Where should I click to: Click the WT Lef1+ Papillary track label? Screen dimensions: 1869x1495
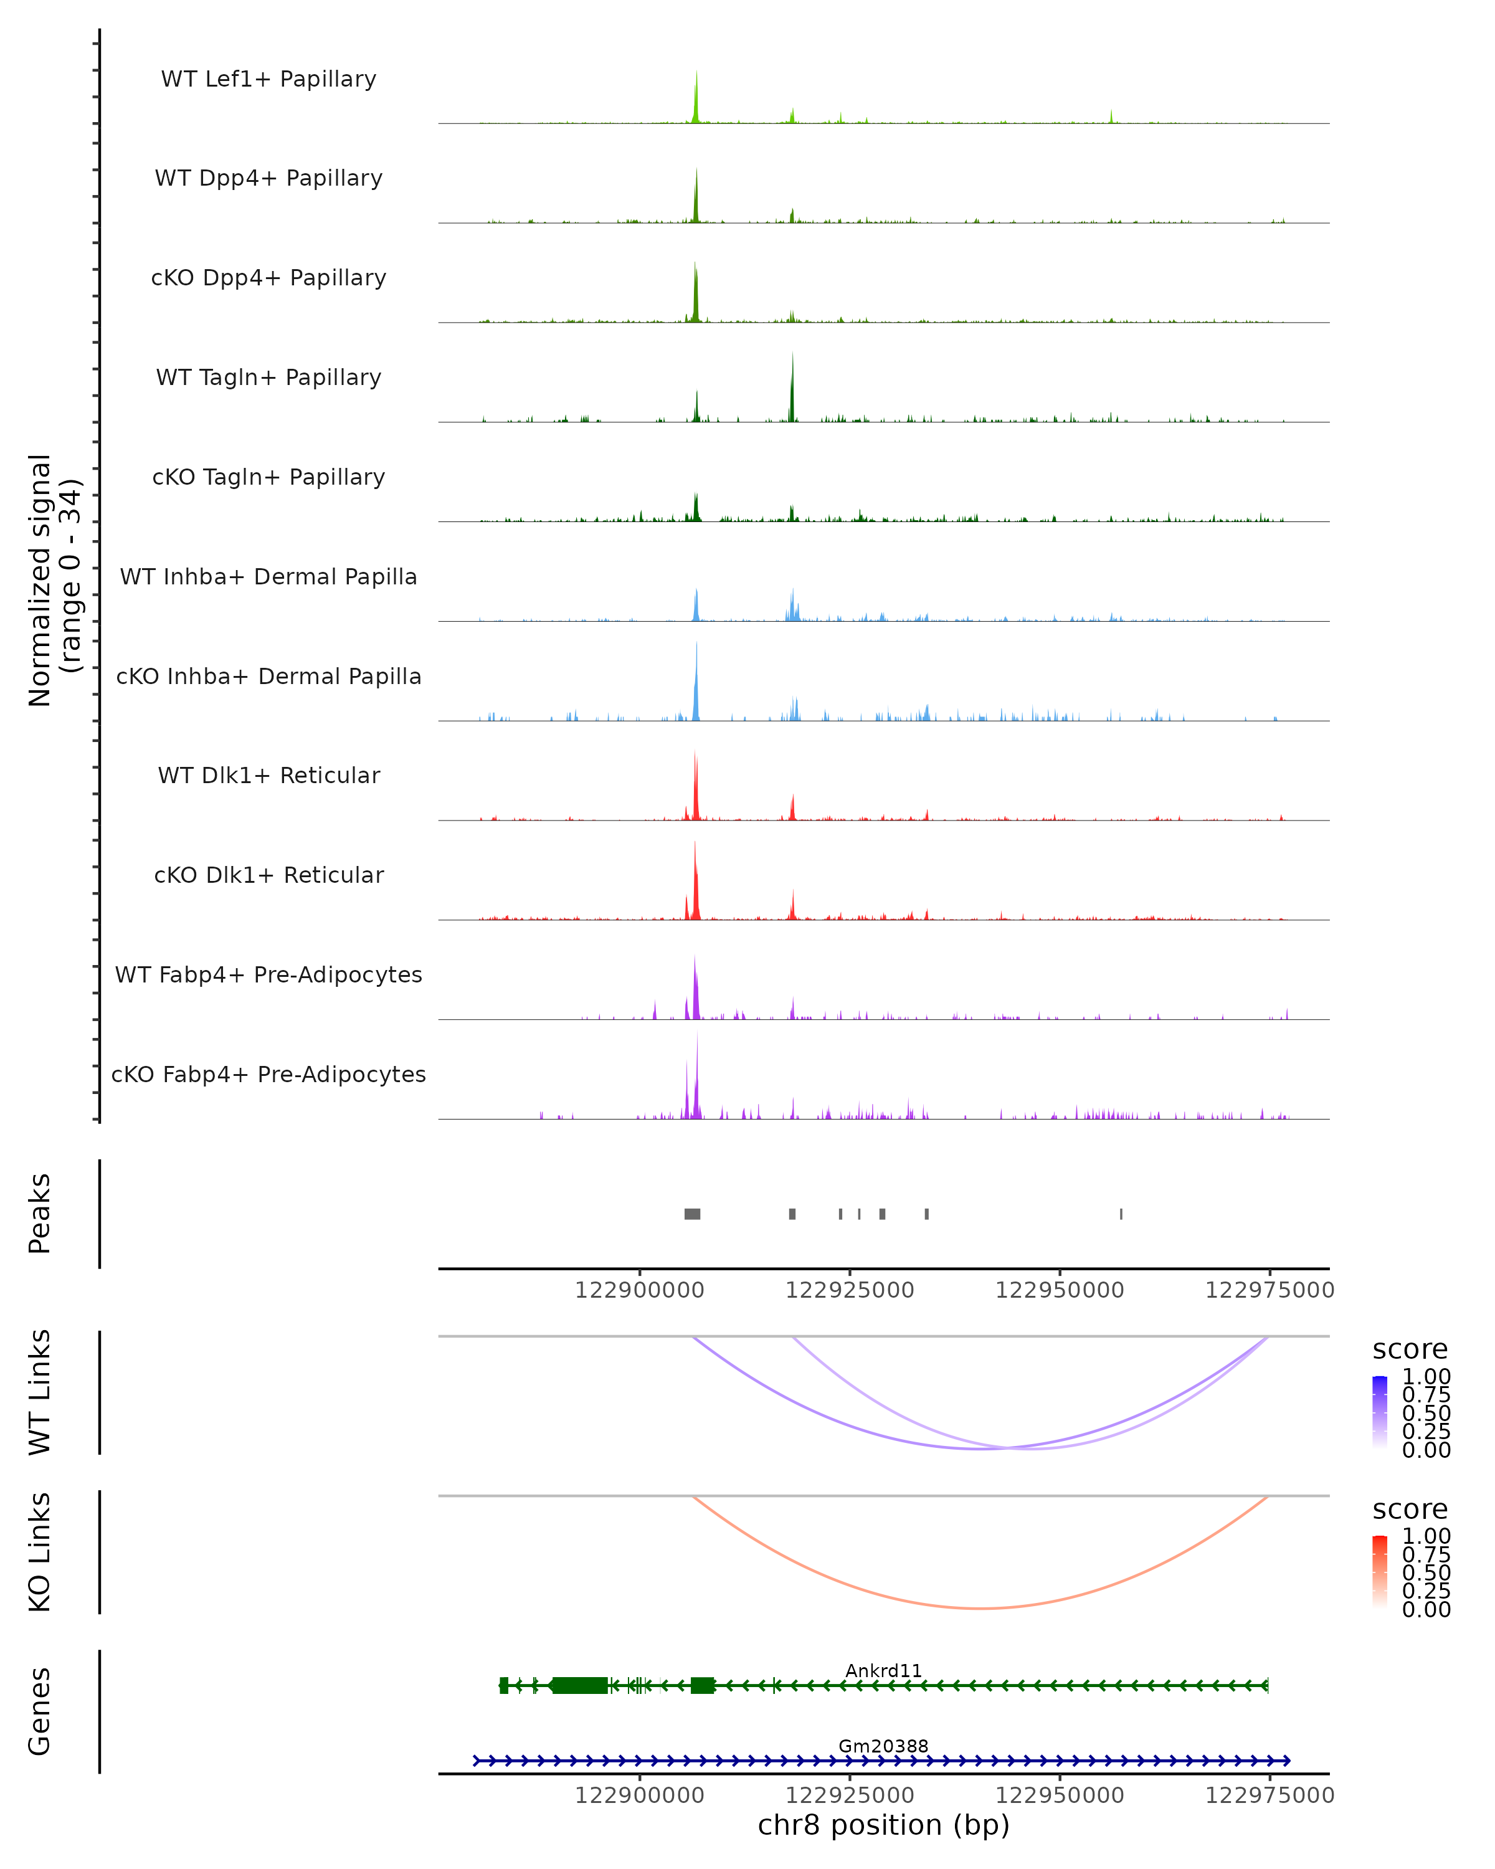click(x=268, y=79)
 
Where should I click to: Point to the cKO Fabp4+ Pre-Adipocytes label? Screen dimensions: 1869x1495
click(x=268, y=1074)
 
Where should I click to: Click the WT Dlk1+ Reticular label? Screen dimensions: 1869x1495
click(x=268, y=775)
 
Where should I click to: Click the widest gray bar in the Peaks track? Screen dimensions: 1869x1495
click(x=693, y=1214)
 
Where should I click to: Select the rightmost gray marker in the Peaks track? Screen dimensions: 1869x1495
click(x=1121, y=1214)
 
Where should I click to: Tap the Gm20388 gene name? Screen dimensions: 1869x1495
click(x=883, y=1746)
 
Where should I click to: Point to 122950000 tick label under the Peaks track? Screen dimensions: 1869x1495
click(x=1059, y=1290)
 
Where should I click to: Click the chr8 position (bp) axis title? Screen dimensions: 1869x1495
click(x=883, y=1825)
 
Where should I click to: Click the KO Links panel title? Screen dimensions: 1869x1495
click(x=40, y=1552)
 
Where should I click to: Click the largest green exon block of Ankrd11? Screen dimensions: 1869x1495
click(x=580, y=1685)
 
